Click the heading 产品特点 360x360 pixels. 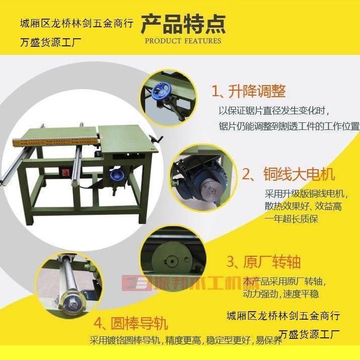click(183, 23)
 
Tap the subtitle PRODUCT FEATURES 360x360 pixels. click(183, 41)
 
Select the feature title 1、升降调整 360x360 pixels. click(249, 91)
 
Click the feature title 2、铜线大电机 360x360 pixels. click(289, 174)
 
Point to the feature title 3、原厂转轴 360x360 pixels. click(263, 262)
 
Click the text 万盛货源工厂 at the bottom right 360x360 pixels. click(309, 334)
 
